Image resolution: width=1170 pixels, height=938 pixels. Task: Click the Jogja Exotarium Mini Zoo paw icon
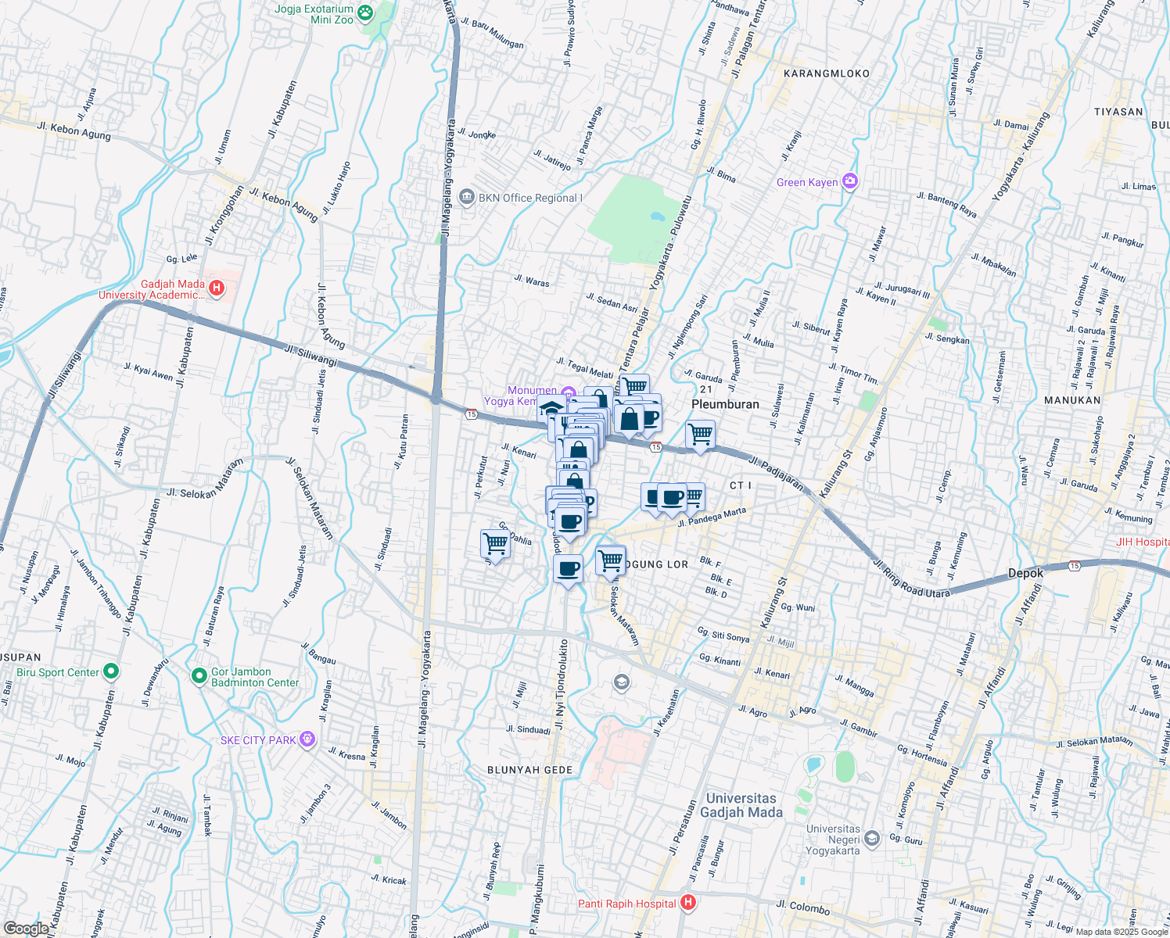point(365,12)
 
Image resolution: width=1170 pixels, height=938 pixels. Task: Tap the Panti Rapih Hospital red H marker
point(688,904)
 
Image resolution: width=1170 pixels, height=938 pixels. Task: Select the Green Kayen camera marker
point(850,182)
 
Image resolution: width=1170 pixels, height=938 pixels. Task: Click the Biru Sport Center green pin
point(111,671)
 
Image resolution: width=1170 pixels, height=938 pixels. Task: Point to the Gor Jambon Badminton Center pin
point(199,675)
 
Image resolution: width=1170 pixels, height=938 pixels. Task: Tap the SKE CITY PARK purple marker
point(307,739)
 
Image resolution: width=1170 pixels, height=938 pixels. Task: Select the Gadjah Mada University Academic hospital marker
point(217,289)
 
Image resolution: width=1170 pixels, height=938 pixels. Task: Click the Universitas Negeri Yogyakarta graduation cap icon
point(873,840)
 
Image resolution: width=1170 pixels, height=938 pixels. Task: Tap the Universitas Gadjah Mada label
point(741,805)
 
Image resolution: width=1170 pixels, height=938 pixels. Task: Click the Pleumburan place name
point(725,404)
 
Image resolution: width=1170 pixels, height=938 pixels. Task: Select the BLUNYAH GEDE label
point(529,770)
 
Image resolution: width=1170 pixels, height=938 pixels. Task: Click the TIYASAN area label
point(1118,112)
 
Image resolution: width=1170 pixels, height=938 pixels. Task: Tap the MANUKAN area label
point(1072,400)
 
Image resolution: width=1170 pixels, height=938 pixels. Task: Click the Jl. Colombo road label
point(803,908)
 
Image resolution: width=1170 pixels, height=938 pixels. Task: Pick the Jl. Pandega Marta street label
point(712,517)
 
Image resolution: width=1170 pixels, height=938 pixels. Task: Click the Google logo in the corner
point(26,929)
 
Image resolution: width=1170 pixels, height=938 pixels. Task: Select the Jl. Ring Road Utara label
point(911,578)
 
